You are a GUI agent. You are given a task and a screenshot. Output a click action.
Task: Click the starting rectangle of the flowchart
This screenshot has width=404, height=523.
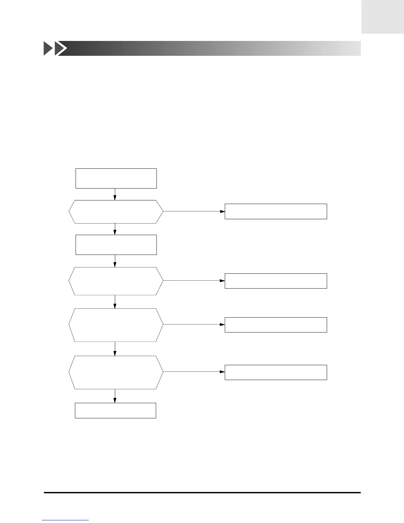[116, 178]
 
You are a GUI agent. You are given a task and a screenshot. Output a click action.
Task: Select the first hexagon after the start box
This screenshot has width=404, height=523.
[116, 212]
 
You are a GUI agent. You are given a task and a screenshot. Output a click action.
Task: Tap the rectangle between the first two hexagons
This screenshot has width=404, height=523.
[116, 245]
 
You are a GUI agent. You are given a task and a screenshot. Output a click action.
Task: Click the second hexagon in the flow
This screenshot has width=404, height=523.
[116, 281]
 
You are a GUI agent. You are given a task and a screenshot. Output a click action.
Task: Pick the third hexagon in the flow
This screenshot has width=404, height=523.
[116, 325]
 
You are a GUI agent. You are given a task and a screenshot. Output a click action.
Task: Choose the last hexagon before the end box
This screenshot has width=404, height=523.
[116, 372]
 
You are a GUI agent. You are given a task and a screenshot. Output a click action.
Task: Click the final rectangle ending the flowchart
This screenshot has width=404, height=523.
[115, 410]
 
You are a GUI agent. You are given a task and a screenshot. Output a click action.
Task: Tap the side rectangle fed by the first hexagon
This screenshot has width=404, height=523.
[276, 211]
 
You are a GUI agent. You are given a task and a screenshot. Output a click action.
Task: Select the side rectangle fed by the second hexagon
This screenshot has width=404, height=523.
[276, 281]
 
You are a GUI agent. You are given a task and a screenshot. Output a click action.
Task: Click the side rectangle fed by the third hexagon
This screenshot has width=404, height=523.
[276, 325]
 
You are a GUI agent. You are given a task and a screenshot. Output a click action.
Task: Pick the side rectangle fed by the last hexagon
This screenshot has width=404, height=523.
[276, 372]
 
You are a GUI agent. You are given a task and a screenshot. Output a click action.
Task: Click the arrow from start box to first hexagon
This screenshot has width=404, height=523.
[115, 194]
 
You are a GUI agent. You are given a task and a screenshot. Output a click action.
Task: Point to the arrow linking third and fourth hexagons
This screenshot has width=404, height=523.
[115, 349]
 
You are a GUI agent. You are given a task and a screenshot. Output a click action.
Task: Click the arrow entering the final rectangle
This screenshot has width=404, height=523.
[115, 396]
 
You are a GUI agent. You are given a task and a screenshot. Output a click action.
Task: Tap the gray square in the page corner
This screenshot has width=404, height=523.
[383, 17]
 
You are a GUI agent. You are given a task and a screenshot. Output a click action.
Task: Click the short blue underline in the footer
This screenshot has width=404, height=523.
[65, 520]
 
